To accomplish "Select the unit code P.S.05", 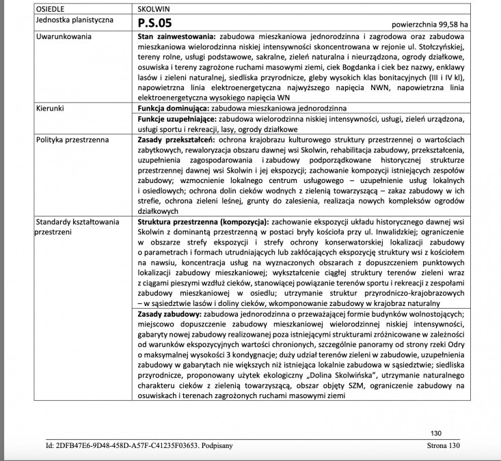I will (x=155, y=22).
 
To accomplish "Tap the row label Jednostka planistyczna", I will (x=75, y=20).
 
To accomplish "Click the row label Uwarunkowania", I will (x=63, y=34).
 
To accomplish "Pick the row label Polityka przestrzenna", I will (x=72, y=139).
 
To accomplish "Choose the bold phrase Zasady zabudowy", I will (x=170, y=313).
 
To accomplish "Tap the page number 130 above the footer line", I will (x=437, y=433).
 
